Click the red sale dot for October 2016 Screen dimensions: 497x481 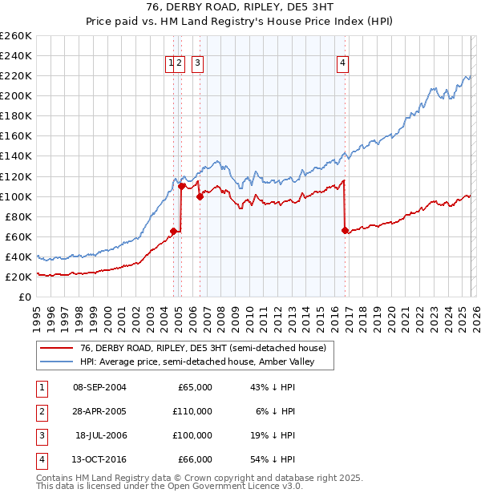click(345, 230)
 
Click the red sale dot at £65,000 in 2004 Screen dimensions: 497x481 click(173, 231)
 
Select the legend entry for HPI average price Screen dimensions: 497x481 click(196, 362)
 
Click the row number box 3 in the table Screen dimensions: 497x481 click(41, 435)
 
